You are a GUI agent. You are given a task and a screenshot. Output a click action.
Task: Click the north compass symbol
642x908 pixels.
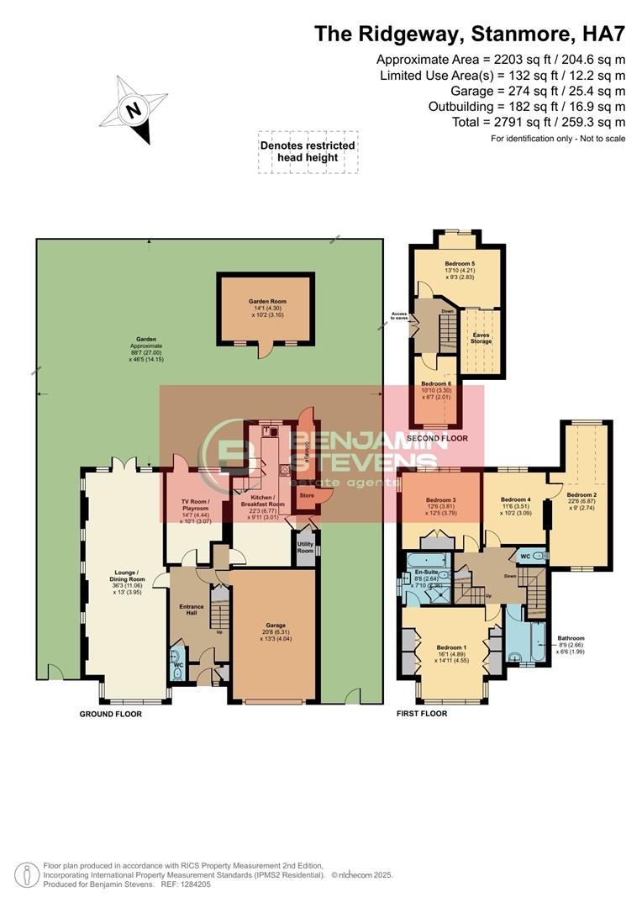(x=132, y=109)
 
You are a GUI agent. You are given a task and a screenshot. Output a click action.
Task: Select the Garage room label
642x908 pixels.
(x=275, y=626)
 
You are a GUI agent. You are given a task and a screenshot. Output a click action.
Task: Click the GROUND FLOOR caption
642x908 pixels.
(x=111, y=714)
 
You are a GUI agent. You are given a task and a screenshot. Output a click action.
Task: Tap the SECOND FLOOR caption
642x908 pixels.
(x=436, y=439)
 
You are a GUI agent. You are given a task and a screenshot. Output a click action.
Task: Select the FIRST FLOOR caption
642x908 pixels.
(x=422, y=714)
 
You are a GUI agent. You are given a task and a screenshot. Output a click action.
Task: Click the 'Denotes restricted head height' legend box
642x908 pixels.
(x=308, y=151)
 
